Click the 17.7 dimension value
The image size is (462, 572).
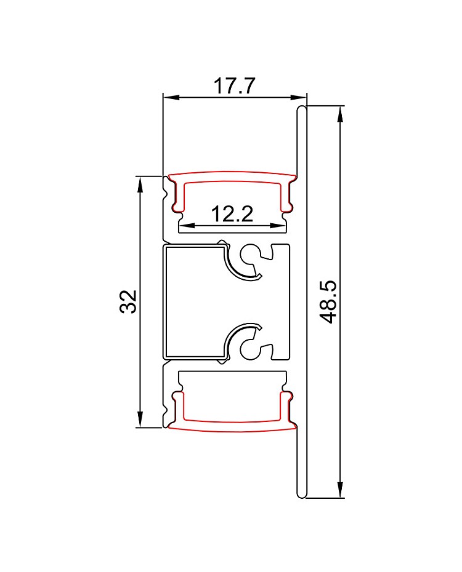(233, 86)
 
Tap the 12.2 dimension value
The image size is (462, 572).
(232, 214)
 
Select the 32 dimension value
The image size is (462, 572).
(128, 301)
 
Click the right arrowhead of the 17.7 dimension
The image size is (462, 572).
(298, 97)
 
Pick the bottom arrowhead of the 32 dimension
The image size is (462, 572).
(140, 418)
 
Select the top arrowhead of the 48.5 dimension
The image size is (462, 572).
(341, 114)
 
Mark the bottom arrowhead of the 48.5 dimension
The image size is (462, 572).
(341, 489)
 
